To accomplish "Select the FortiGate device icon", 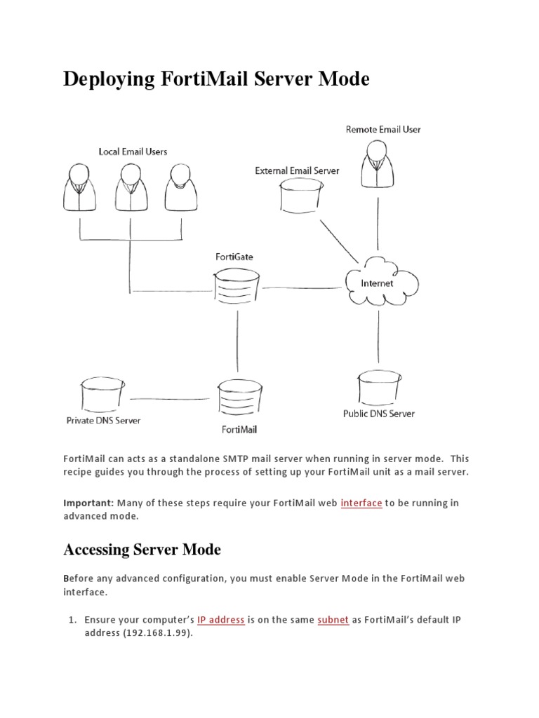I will tap(236, 287).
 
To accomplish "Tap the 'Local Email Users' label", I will tap(133, 151).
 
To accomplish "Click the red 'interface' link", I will tap(361, 503).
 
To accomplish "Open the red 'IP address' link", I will tap(220, 620).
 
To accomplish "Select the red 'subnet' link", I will tap(333, 620).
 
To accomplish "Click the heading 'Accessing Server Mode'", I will tap(142, 550).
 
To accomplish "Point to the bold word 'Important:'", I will tap(88, 503).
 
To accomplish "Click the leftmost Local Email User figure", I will tap(80, 187).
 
